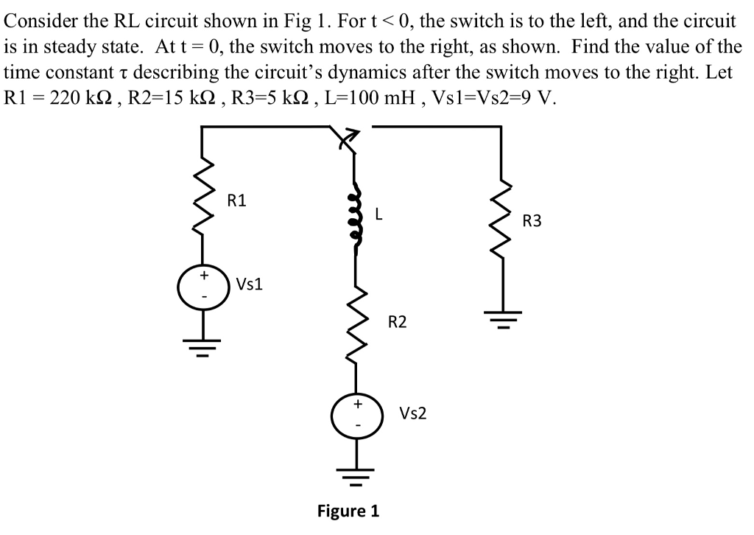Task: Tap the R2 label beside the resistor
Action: click(x=397, y=322)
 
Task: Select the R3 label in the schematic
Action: click(x=532, y=220)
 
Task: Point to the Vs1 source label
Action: click(x=250, y=284)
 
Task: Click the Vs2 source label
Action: click(x=412, y=413)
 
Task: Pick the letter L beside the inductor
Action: click(x=378, y=215)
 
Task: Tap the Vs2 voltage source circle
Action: click(x=357, y=414)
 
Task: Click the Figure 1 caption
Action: click(x=348, y=511)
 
